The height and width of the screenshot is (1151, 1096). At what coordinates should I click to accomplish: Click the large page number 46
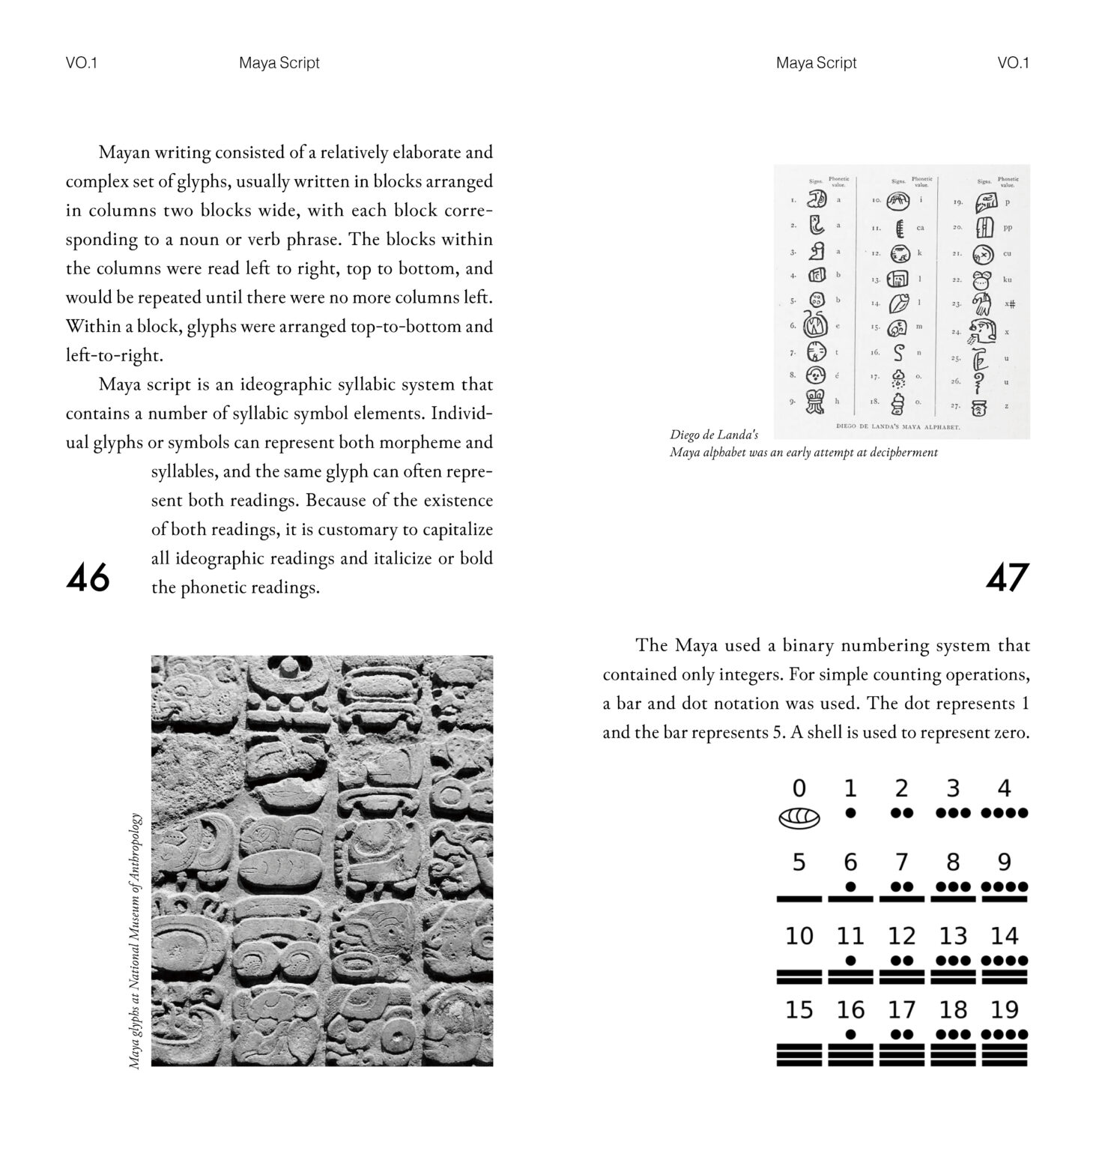click(x=88, y=578)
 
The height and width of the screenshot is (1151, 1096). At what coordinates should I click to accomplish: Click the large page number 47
click(x=1008, y=578)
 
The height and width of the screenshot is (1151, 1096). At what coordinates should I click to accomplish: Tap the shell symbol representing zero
click(x=799, y=818)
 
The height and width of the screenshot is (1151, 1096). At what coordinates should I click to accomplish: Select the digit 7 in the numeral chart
click(x=902, y=862)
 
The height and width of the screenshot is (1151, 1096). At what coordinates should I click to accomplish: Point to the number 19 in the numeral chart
click(x=1004, y=1009)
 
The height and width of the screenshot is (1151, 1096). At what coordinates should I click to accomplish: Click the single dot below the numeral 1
click(x=850, y=812)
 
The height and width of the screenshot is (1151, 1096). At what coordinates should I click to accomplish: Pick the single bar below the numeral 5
click(x=799, y=897)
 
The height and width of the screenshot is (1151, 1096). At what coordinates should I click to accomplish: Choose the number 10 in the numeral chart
click(x=799, y=936)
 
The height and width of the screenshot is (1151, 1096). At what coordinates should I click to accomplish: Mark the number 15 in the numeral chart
click(x=799, y=1009)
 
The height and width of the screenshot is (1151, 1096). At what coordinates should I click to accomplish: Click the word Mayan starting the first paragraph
click(x=124, y=153)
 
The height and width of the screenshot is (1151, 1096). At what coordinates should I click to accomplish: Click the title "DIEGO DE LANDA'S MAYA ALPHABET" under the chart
click(x=897, y=426)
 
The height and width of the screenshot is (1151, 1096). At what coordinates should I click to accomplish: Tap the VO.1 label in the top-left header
click(x=82, y=63)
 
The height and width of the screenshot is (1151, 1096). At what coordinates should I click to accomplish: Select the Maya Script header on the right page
click(x=816, y=63)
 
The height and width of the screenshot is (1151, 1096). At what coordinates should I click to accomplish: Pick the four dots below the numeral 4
click(x=1004, y=812)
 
